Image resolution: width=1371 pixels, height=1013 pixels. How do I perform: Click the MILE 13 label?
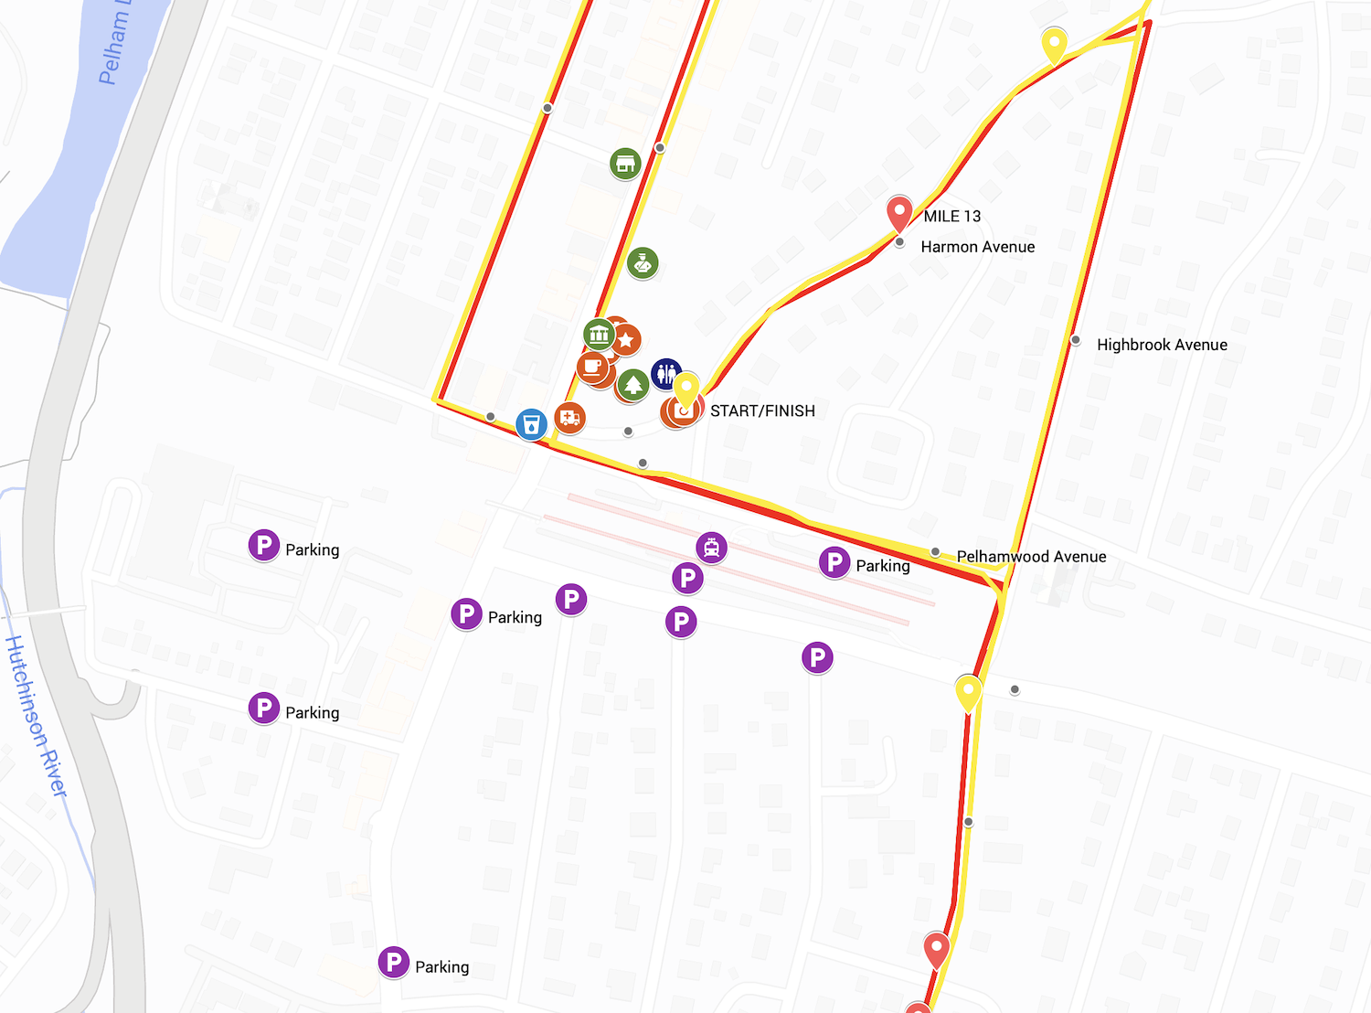tap(951, 217)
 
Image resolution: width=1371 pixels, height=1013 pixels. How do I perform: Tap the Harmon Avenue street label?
tap(977, 247)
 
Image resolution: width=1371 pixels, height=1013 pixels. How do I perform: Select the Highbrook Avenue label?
tap(1162, 345)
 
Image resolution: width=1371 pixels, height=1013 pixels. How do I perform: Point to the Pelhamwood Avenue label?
tap(1031, 557)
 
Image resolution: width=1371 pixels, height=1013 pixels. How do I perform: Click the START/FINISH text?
tap(762, 411)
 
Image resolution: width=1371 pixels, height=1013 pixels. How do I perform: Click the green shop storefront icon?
tap(625, 164)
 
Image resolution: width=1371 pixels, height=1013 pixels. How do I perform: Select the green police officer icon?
tap(643, 263)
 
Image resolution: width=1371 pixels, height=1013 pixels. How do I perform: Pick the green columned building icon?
tap(599, 334)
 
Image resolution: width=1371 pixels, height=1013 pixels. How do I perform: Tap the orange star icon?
tap(626, 340)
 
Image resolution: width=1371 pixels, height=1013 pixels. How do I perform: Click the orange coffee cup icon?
tap(592, 367)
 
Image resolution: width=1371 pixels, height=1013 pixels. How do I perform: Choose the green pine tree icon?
tap(632, 384)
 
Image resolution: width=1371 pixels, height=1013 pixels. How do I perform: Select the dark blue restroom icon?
tap(666, 373)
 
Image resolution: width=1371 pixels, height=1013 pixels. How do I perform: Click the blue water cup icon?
tap(531, 424)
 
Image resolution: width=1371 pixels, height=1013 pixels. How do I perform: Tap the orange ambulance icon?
tap(569, 418)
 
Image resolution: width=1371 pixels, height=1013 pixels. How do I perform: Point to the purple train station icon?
tap(711, 548)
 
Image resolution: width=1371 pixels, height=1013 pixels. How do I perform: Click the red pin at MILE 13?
tap(899, 214)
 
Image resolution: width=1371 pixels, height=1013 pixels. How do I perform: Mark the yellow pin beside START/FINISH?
tap(686, 390)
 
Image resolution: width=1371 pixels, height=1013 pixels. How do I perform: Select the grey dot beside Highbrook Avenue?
tap(1076, 340)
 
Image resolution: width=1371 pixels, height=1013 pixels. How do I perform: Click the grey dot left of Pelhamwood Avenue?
tap(935, 552)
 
